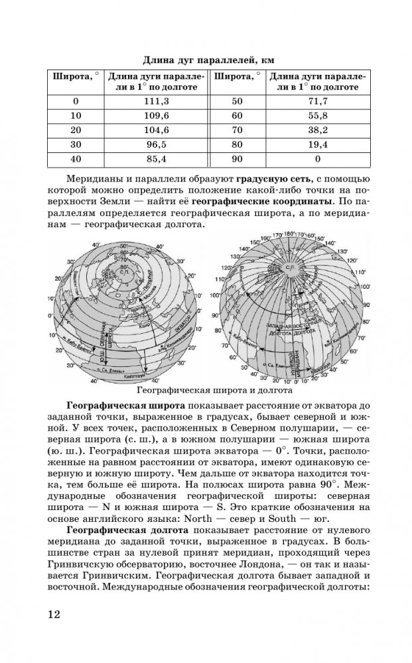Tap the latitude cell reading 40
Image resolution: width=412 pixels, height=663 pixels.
tap(74, 159)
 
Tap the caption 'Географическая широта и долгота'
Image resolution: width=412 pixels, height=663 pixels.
tap(206, 390)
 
